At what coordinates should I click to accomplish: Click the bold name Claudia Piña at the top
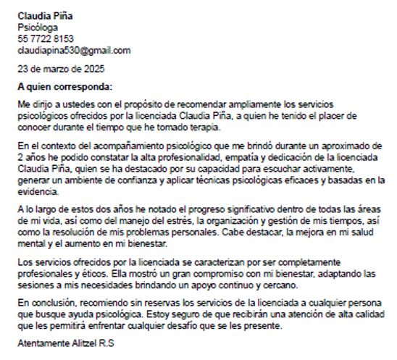coord(45,16)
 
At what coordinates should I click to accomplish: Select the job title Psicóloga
coord(37,28)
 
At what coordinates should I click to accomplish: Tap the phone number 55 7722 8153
coord(46,39)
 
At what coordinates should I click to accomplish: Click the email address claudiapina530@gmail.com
coord(74,51)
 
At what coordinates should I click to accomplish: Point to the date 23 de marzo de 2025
coord(61,70)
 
